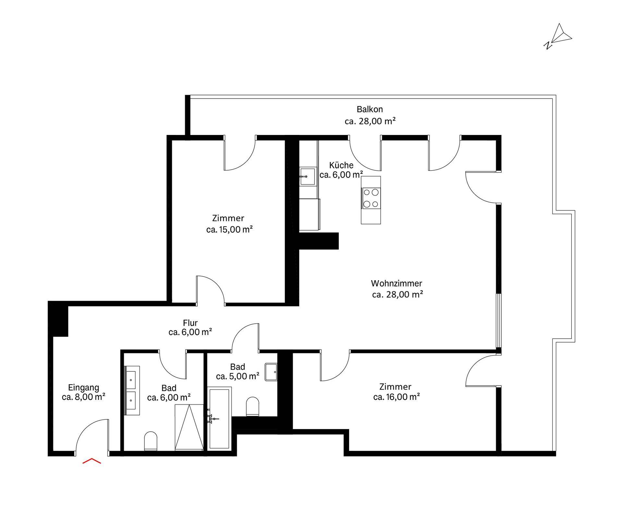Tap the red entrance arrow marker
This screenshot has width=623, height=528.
92,461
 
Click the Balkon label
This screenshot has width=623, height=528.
370,109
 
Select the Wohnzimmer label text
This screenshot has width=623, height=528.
397,283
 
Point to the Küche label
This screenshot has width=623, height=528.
341,165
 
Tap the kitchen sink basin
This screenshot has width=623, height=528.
307,176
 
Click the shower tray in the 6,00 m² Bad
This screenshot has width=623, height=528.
189,427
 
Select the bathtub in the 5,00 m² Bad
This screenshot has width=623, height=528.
219,418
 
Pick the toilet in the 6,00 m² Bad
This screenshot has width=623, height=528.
151,441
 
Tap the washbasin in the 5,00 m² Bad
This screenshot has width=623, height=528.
271,372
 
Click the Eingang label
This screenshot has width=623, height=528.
83,387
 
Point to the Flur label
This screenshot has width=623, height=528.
190,323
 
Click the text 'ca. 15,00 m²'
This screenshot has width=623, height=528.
229,229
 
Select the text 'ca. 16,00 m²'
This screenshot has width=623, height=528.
397,397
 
